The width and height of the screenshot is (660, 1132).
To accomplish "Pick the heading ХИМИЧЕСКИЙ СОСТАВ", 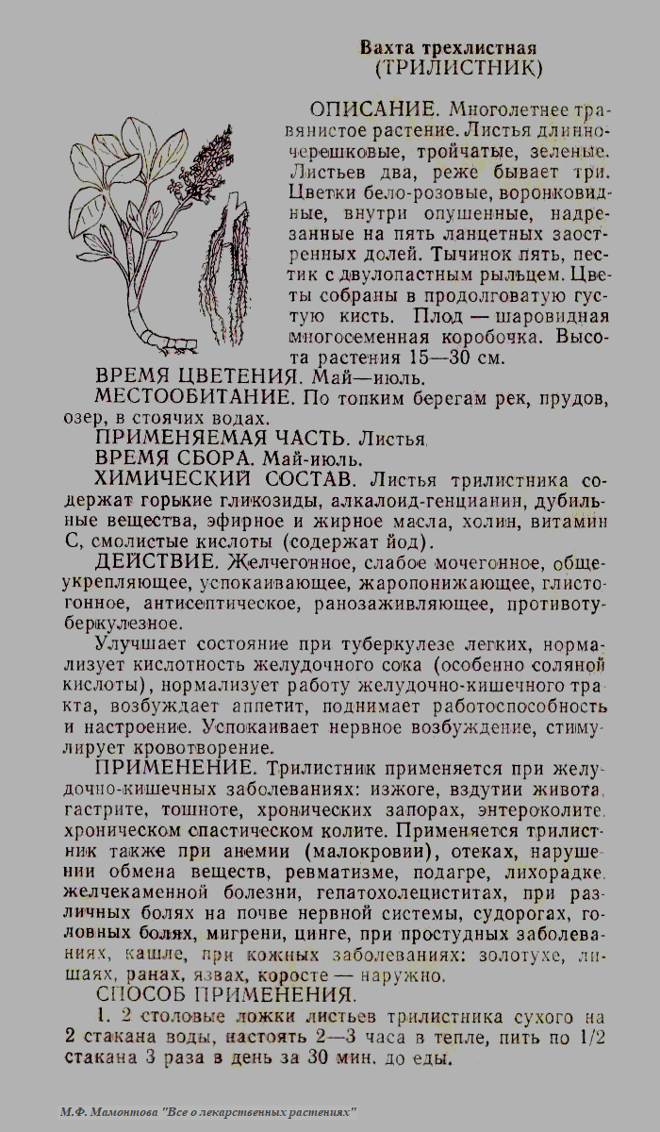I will [225, 479].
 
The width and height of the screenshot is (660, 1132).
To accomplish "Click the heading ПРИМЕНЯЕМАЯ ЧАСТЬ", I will [209, 438].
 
